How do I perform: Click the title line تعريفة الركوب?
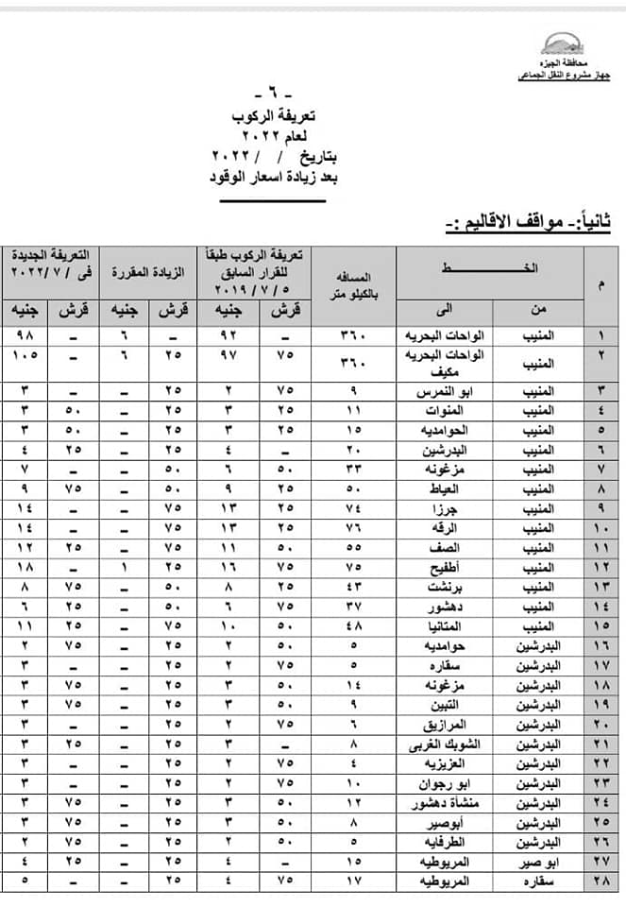click(x=275, y=117)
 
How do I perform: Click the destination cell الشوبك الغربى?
click(x=439, y=744)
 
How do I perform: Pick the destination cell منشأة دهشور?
click(x=439, y=804)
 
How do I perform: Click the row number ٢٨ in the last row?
click(x=603, y=882)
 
